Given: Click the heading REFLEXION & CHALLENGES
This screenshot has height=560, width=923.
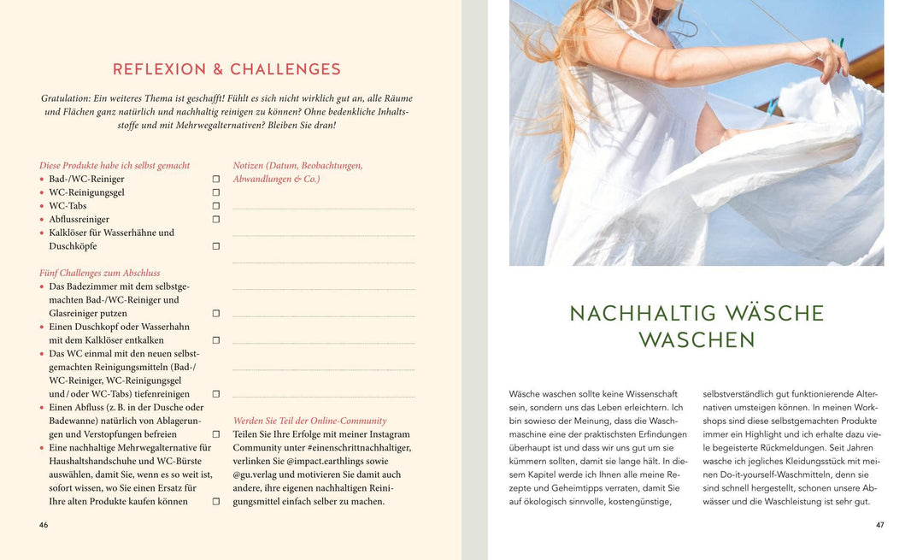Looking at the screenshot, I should pos(226,69).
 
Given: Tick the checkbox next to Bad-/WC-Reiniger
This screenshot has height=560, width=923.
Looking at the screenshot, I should pos(216,180).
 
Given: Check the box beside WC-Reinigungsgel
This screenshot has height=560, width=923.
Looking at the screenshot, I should pos(216,192).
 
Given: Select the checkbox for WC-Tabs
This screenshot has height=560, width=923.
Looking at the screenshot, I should pos(216,206).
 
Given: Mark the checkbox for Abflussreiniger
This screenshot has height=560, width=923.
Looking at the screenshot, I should pos(216,220).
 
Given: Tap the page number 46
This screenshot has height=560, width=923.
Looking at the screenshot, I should pos(44,525).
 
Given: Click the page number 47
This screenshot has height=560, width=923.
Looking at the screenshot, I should pos(879,525).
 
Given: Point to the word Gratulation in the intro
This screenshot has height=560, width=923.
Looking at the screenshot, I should pos(66,98).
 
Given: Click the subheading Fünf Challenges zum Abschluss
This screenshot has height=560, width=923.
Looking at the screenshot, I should pos(99,273).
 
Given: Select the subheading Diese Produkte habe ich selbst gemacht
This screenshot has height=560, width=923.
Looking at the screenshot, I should pos(115,165).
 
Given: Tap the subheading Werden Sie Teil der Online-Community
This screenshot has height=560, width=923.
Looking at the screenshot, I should pos(309,421).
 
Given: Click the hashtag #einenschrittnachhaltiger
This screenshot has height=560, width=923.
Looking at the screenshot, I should pos(358,447).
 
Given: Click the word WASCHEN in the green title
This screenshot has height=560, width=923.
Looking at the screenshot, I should pos(697,340).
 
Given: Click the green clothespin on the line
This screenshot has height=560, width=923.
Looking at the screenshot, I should pos(840,42).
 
